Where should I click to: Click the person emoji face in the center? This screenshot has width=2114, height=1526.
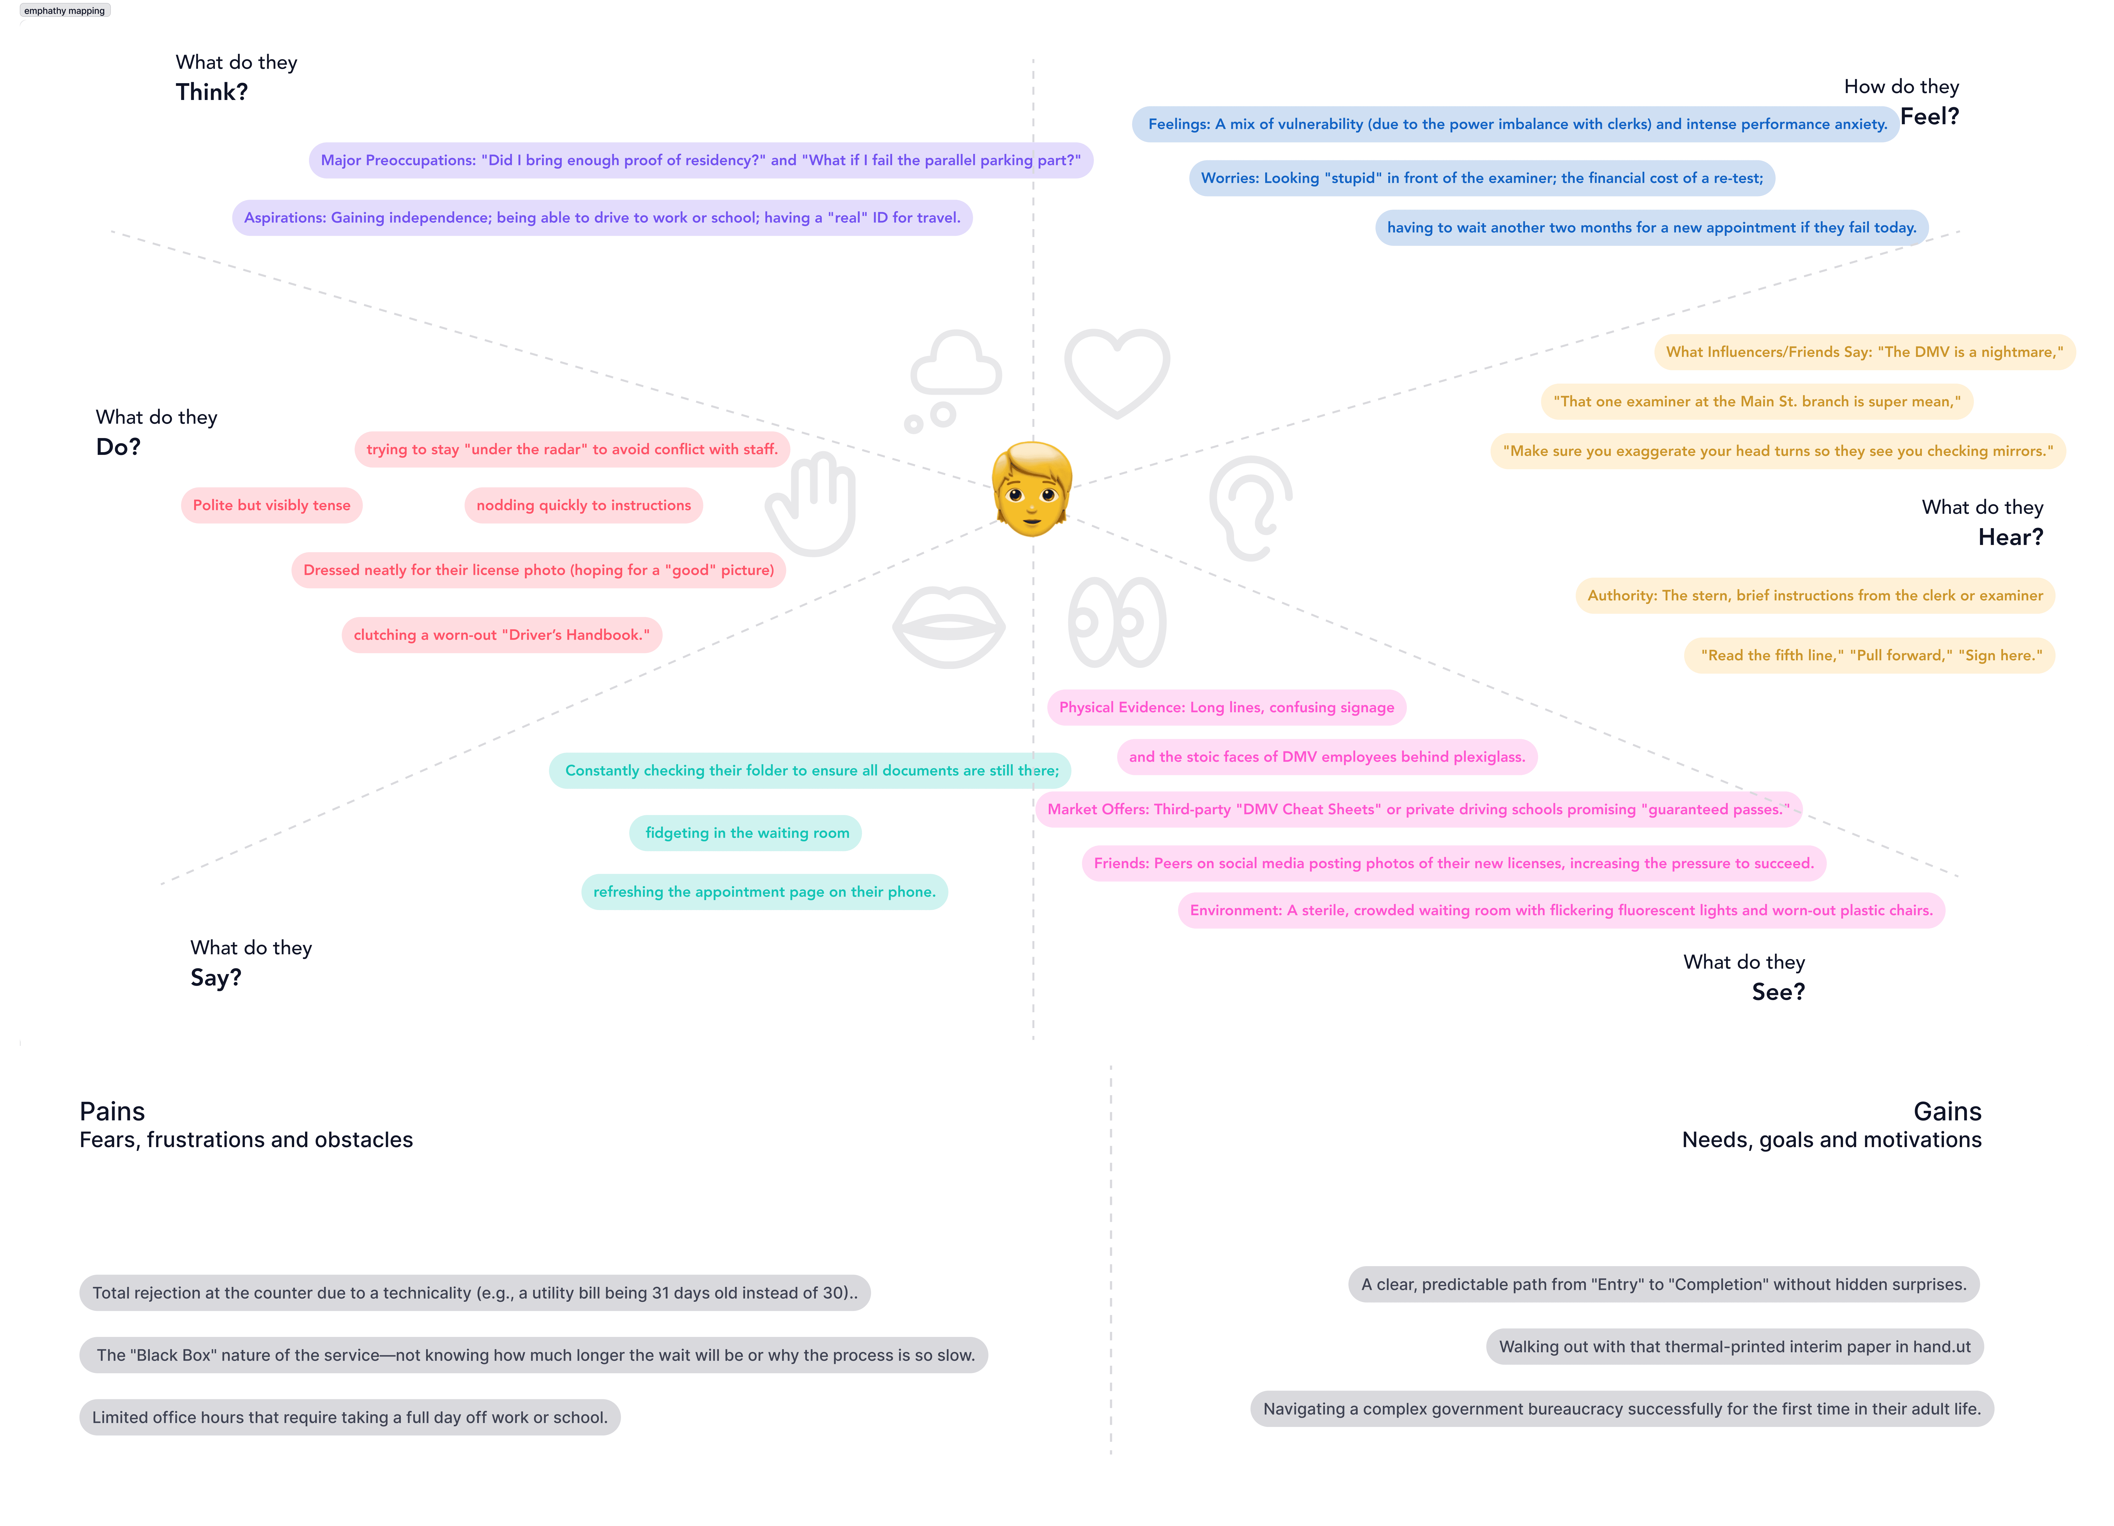(1032, 489)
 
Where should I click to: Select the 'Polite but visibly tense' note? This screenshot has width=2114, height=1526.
(271, 505)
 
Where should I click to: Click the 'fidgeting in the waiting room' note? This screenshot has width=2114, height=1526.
(747, 833)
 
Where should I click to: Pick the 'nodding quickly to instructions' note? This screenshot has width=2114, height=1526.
(584, 505)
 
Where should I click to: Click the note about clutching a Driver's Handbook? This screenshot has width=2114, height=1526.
(501, 635)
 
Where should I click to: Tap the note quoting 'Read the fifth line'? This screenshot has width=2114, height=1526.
(1870, 655)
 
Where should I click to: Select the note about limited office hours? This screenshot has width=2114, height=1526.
(350, 1417)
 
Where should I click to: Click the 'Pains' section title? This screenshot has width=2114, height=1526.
(112, 1111)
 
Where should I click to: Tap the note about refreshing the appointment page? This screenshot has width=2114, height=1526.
(764, 891)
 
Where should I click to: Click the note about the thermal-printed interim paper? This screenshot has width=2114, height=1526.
(1734, 1346)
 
